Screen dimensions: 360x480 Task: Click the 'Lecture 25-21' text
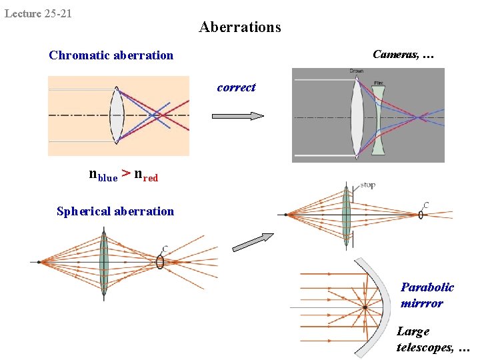coord(38,13)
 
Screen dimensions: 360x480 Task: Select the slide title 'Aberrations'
coord(240,27)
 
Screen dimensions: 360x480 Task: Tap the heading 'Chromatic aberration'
coord(111,55)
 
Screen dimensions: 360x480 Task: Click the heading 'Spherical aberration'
coord(115,211)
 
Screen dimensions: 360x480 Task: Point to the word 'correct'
coord(236,87)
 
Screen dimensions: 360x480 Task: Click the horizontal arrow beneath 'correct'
coord(237,115)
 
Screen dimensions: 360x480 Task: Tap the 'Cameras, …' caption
coord(403,55)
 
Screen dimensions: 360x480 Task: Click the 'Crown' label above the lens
coord(356,71)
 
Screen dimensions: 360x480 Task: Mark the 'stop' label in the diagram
coord(367,185)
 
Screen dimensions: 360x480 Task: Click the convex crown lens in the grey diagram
coord(357,117)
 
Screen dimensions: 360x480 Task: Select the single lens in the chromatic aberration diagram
coord(117,115)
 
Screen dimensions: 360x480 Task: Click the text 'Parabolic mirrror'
coord(427,295)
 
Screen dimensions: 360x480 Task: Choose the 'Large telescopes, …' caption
coord(433,339)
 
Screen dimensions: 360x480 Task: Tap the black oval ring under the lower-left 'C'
coord(160,262)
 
